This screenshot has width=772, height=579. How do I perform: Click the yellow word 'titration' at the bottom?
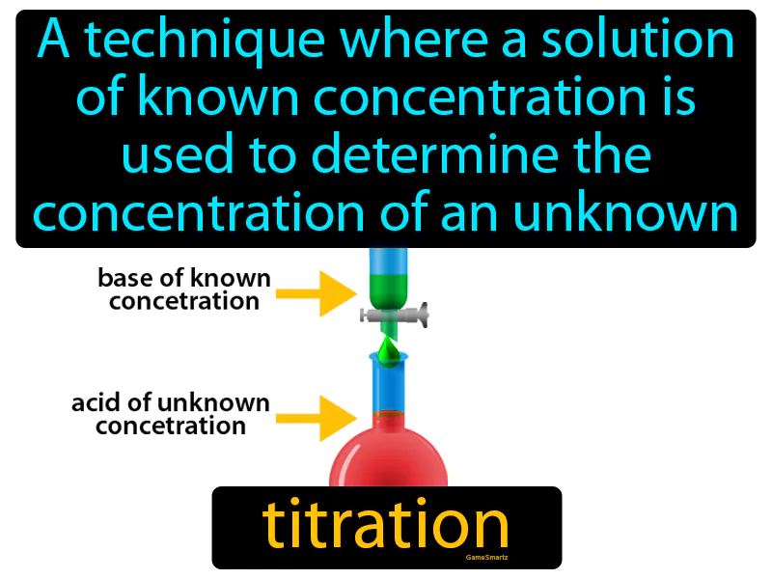pos(385,525)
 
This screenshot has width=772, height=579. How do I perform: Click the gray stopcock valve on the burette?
pos(392,314)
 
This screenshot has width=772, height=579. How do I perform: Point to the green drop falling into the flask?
pos(387,353)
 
